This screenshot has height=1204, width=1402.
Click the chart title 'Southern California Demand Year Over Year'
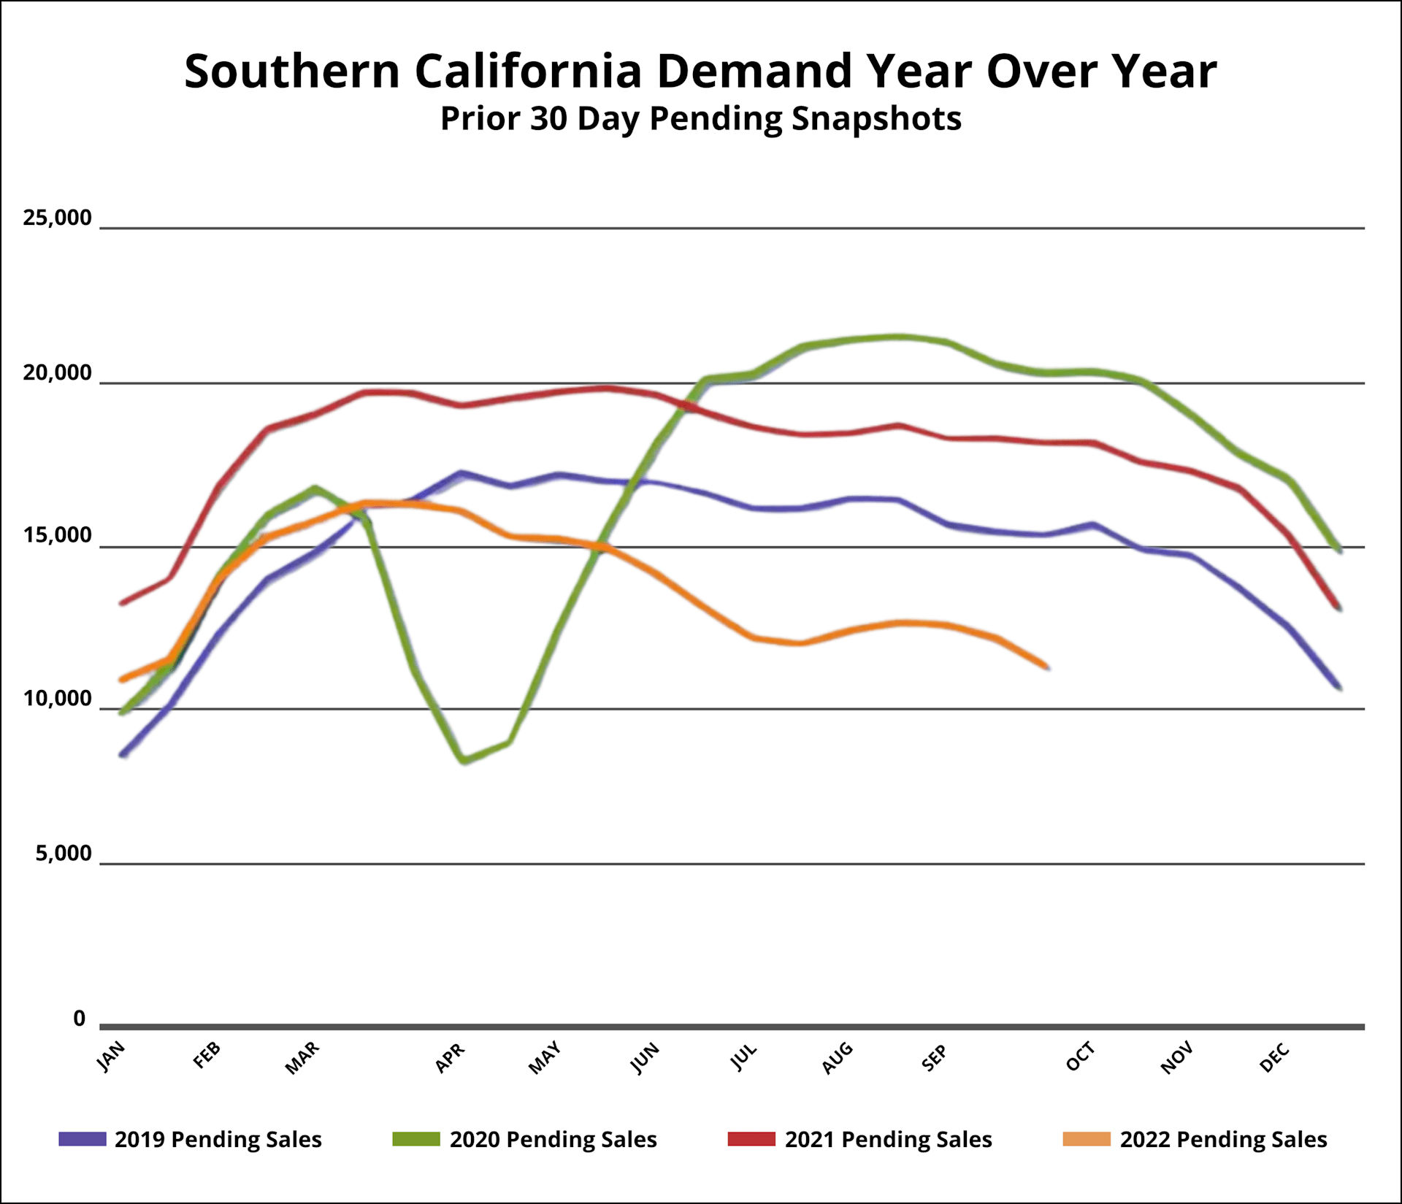point(700,72)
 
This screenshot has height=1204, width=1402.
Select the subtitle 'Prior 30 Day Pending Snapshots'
point(700,119)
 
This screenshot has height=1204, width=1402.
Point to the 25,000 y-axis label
point(58,218)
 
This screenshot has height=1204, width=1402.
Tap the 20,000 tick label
point(58,373)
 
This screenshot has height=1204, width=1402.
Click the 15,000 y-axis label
point(58,536)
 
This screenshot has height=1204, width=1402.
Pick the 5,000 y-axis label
point(64,853)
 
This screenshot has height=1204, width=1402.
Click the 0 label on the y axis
point(80,1019)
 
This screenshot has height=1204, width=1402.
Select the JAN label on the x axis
point(112,1057)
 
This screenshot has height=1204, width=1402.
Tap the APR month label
point(450,1058)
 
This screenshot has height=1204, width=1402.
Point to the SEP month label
point(935,1058)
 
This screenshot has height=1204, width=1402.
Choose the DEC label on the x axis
point(1275,1058)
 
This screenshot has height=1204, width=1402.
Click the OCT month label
point(1081,1057)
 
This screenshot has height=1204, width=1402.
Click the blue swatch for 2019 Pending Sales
point(83,1139)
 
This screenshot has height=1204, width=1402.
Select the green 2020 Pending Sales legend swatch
point(416,1139)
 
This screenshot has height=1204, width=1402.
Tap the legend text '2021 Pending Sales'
point(888,1139)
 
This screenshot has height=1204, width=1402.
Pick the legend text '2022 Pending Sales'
point(1223,1139)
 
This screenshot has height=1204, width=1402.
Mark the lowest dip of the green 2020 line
point(464,761)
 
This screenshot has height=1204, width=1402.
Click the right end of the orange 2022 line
point(1046,666)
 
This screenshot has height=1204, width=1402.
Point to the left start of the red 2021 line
point(122,603)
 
